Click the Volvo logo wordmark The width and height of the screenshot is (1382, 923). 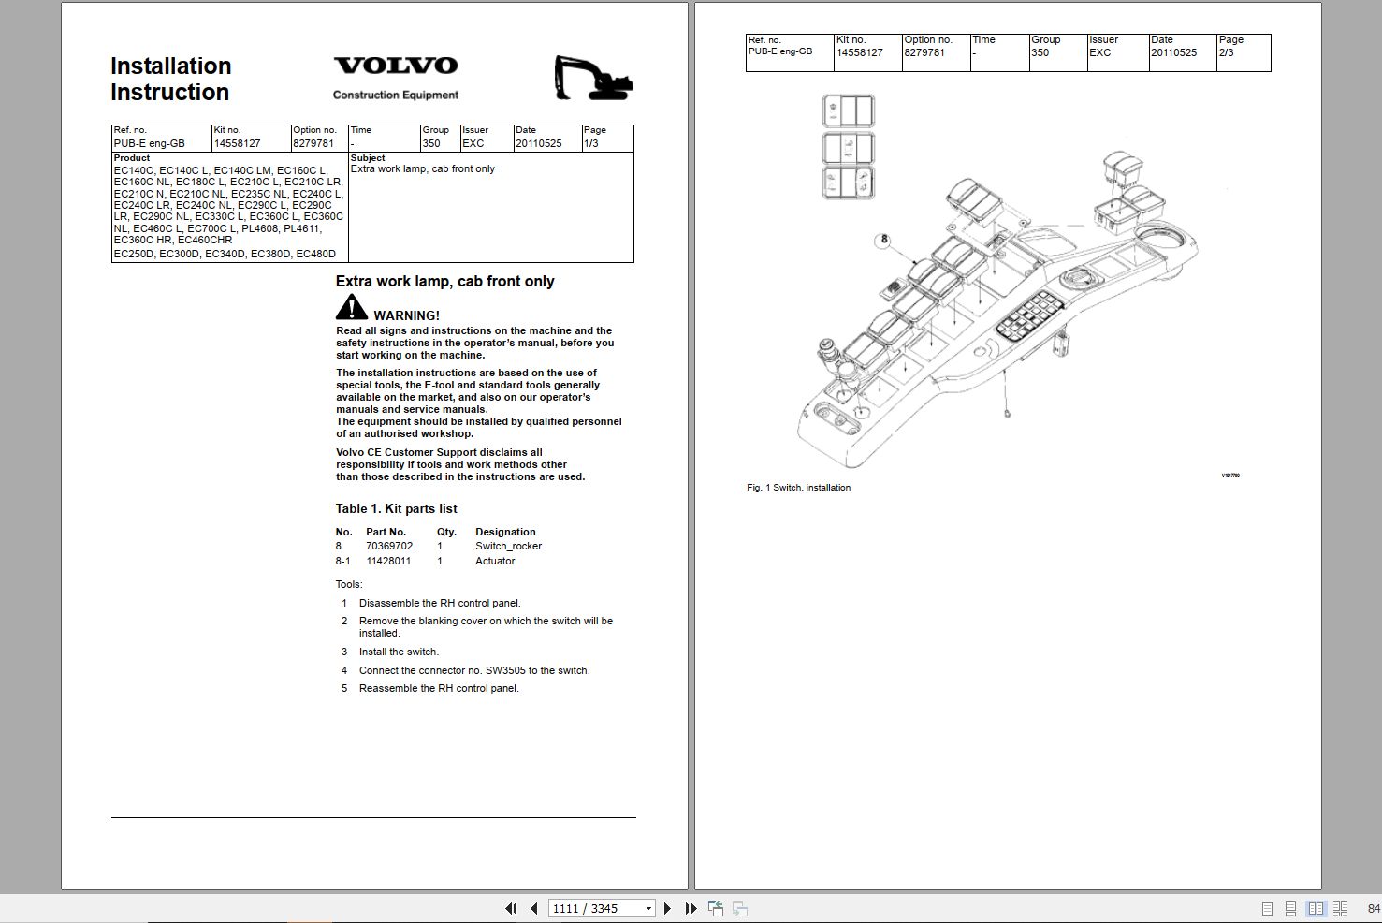pyautogui.click(x=396, y=66)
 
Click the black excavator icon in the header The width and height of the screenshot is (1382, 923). pyautogui.click(x=592, y=79)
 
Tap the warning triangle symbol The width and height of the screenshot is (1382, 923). pyautogui.click(x=352, y=307)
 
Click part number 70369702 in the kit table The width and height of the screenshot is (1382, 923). pyautogui.click(x=389, y=546)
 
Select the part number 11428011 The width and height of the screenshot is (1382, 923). pyautogui.click(x=388, y=561)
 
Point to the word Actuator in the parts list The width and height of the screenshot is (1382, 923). pyautogui.click(x=495, y=561)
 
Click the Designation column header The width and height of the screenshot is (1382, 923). pyautogui.click(x=505, y=532)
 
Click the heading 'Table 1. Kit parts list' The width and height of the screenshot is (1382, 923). pyautogui.click(x=397, y=508)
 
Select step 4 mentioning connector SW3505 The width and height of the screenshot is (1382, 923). pyautogui.click(x=473, y=670)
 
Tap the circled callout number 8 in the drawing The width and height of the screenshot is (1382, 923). pyautogui.click(x=884, y=240)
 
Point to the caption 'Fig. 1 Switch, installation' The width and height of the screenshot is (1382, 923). pyautogui.click(x=798, y=488)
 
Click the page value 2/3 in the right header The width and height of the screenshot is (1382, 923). pyautogui.click(x=1226, y=53)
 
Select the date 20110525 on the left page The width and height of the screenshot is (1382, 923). pyautogui.click(x=538, y=143)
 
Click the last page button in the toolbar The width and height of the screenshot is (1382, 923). pyautogui.click(x=691, y=908)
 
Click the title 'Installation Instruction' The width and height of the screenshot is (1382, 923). pyautogui.click(x=170, y=79)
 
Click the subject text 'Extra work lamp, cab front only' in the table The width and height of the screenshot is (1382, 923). pyautogui.click(x=423, y=169)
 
